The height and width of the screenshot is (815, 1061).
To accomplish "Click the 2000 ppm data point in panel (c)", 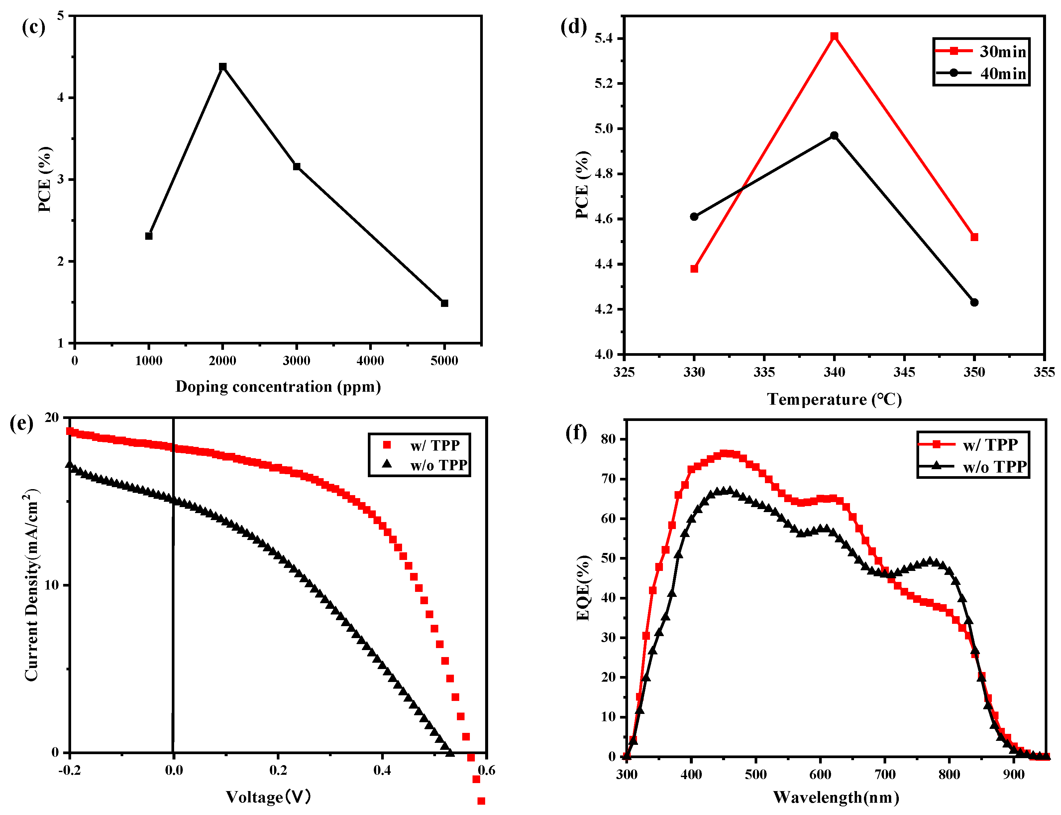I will [223, 67].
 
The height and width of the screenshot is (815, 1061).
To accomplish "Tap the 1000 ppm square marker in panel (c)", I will [149, 236].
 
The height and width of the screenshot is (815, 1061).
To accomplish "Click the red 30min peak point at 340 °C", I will [834, 36].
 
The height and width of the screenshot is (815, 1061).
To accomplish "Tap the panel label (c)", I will [34, 27].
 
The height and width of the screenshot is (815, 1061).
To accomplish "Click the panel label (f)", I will [576, 432].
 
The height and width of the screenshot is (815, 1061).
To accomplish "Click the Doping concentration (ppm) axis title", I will [278, 387].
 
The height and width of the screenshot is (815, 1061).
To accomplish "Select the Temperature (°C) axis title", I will [834, 399].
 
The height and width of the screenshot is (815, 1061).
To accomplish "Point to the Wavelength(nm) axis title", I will [836, 797].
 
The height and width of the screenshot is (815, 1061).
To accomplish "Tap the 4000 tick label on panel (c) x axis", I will [370, 361].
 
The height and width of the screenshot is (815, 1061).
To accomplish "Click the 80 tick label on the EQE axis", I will [608, 439].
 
